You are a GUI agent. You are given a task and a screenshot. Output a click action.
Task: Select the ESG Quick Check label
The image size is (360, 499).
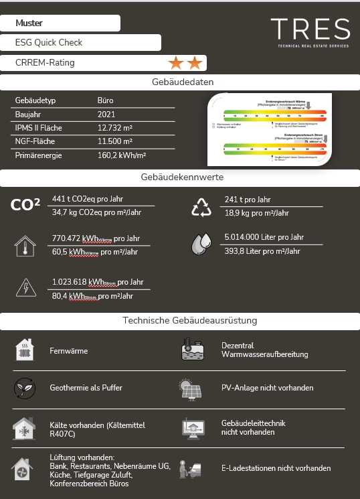49,42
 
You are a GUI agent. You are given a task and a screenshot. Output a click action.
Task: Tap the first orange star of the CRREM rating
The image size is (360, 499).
176,63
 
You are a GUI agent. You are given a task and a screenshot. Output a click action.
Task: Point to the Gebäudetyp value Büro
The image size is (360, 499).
105,100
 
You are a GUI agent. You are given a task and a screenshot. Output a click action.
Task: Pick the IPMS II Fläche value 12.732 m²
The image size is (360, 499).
115,128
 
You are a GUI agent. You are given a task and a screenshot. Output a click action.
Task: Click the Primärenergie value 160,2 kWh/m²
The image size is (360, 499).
121,155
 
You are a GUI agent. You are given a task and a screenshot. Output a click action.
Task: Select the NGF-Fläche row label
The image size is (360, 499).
35,141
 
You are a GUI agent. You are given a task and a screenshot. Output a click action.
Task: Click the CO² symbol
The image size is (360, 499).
25,205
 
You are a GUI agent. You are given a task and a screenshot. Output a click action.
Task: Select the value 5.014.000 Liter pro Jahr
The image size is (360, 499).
264,237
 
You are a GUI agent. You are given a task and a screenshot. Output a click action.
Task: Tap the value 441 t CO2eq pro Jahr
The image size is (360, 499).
87,199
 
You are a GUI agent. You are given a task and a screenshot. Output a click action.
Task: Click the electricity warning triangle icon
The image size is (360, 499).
26,288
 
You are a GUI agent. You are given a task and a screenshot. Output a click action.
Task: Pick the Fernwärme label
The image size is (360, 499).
68,351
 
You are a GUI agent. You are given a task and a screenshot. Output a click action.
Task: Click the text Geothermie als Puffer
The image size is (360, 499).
86,388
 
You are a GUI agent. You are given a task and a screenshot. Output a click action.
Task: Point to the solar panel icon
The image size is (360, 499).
191,388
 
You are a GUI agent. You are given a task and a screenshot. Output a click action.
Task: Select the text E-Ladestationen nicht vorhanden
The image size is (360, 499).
276,468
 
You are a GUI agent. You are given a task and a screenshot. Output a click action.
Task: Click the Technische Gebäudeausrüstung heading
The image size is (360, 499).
180,321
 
